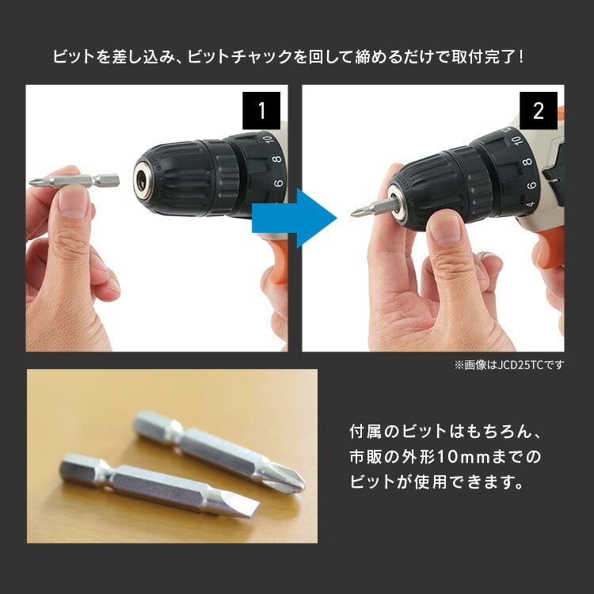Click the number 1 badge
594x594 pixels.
tap(261, 110)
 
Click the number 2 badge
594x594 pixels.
tap(539, 110)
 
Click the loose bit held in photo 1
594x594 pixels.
tap(74, 181)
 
